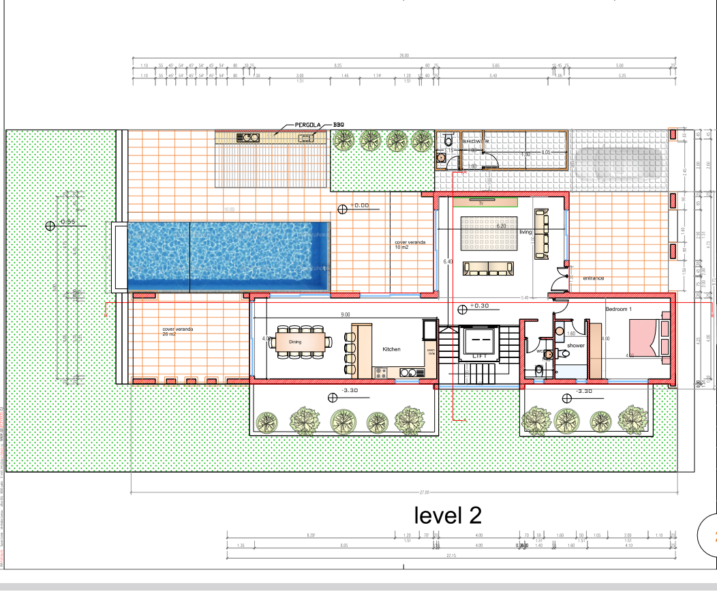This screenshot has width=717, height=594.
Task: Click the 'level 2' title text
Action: tap(448, 515)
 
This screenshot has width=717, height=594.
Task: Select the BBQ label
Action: tap(339, 125)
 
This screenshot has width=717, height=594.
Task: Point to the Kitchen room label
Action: tap(391, 349)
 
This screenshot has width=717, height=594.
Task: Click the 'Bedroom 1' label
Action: tap(619, 309)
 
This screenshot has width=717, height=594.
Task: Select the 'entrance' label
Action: tap(593, 278)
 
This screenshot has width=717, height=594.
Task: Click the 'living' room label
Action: tap(525, 233)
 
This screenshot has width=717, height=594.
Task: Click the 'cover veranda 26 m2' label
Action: tap(178, 331)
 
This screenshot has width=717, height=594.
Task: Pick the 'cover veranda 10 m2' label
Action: tap(410, 244)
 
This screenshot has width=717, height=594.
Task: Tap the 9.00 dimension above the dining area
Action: tap(346, 315)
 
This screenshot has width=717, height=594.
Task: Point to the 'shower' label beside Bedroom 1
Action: tap(576, 346)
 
